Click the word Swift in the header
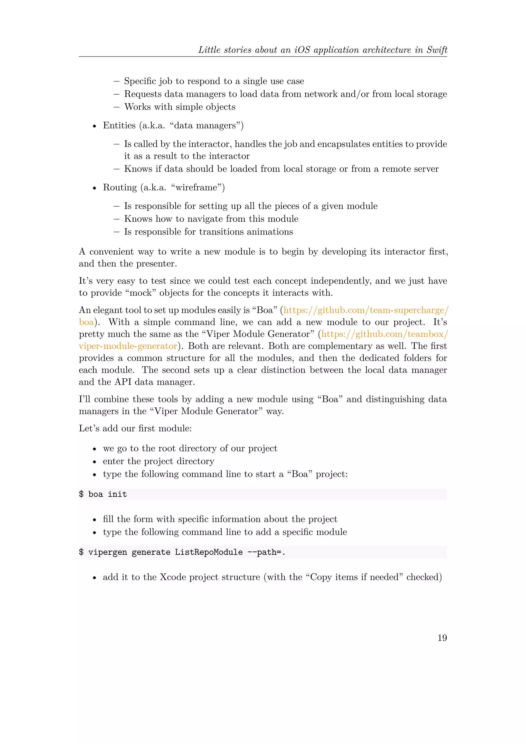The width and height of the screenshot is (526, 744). pos(437,50)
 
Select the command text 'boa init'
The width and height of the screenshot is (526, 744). pos(108,494)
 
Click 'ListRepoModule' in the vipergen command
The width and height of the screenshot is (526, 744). pos(209,552)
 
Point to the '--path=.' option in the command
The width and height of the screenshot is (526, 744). pos(266,552)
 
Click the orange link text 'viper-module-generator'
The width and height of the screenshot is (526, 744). pos(128,346)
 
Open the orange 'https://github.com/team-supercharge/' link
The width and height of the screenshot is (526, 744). pos(366,310)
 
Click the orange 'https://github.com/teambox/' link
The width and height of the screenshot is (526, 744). pos(384,334)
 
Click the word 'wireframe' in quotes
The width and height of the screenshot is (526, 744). pos(196,187)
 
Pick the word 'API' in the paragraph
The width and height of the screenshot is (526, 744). pos(123,382)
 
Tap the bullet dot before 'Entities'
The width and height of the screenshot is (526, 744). pos(94,126)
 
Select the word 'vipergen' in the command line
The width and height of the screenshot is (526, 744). pos(108,552)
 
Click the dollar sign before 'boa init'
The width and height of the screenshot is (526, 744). pos(81,494)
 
